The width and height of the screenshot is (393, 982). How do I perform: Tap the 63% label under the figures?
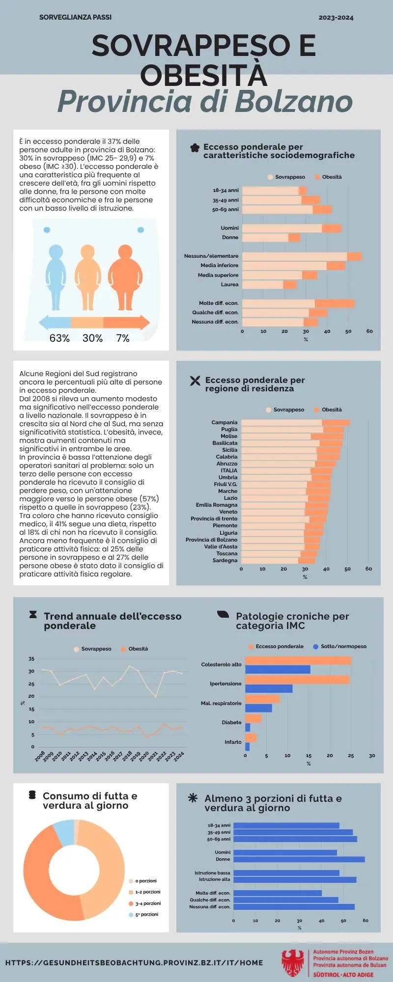59,338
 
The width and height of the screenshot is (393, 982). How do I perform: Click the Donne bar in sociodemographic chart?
270,238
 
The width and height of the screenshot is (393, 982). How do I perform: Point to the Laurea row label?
229,285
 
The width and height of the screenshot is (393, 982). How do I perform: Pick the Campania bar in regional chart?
295,423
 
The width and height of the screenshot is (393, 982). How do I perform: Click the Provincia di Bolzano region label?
211,540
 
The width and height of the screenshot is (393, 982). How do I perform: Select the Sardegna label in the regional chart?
225,560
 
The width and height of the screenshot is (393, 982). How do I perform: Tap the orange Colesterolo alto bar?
298,661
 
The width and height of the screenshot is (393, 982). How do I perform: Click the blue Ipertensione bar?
268,689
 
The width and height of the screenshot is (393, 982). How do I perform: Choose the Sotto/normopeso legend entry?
343,647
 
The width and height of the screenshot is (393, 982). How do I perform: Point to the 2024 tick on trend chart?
179,756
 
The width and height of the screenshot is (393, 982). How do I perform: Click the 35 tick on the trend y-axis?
31,659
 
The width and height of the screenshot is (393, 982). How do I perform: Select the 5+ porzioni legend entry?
146,915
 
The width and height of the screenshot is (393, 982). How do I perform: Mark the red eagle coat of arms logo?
293,963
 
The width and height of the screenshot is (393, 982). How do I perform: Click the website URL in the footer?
134,963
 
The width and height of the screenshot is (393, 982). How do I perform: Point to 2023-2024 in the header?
336,18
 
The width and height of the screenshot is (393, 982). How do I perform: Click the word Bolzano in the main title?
293,102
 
